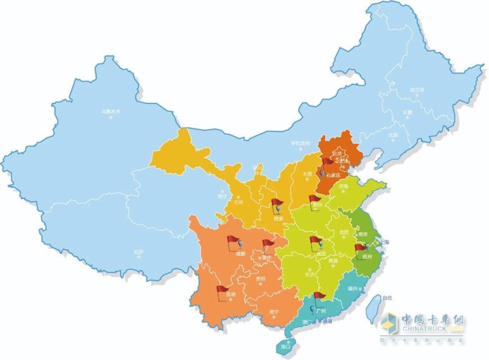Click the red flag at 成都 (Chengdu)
[233, 242]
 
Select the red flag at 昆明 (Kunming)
[223, 289]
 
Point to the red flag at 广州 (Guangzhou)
[320, 296]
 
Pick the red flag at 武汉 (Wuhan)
[315, 243]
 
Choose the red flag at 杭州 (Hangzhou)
[360, 247]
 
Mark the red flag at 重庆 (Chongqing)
[269, 244]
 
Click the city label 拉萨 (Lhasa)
[139, 251]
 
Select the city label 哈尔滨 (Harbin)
[417, 90]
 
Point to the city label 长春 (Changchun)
[407, 112]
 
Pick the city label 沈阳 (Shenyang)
[394, 134]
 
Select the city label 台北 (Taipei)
[376, 298]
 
